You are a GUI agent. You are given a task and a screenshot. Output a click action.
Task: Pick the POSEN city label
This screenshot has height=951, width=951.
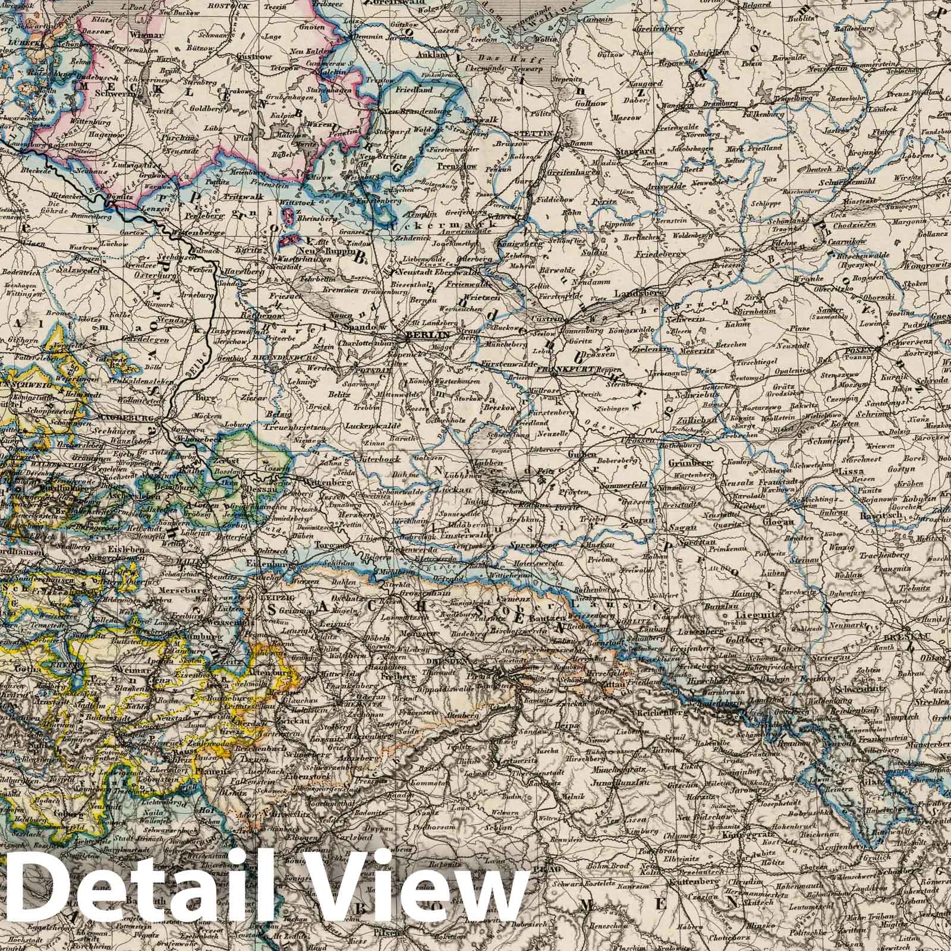pyautogui.click(x=856, y=351)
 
